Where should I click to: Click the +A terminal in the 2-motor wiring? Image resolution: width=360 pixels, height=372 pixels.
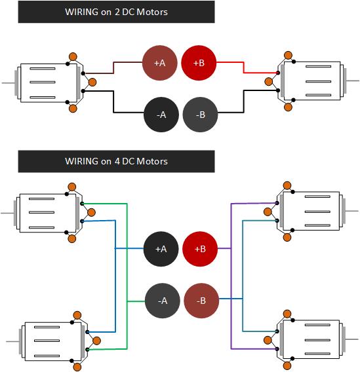(159, 63)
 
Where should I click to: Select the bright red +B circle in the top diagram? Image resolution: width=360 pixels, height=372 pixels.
(199, 63)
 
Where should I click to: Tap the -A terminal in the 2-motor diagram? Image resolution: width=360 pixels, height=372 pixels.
(161, 115)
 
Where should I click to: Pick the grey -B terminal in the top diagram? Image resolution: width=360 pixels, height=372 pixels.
(201, 115)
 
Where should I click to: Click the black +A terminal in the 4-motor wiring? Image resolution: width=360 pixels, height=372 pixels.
(161, 249)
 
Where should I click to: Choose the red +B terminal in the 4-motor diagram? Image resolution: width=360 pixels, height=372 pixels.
(200, 249)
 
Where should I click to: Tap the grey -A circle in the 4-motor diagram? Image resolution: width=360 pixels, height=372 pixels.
(163, 301)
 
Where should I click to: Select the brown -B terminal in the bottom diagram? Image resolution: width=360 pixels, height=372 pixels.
(201, 301)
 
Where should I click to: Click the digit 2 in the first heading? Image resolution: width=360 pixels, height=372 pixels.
(117, 12)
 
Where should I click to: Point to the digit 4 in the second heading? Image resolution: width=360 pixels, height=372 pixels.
(117, 161)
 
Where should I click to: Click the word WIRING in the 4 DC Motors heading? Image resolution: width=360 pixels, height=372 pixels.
(81, 161)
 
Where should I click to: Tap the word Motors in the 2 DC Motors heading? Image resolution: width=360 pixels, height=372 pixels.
(152, 12)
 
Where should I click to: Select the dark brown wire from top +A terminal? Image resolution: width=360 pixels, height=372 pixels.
(113, 68)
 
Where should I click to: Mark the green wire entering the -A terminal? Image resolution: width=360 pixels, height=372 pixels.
(136, 301)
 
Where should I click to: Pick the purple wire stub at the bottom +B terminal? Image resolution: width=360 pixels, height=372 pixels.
(224, 248)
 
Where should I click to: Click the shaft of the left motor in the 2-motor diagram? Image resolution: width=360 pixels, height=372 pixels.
(9, 83)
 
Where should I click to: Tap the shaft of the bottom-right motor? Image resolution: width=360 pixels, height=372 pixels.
(352, 339)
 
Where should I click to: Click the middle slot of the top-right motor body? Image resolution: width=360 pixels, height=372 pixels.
(318, 82)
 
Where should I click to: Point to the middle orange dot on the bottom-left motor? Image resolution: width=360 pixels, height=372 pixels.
(96, 341)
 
